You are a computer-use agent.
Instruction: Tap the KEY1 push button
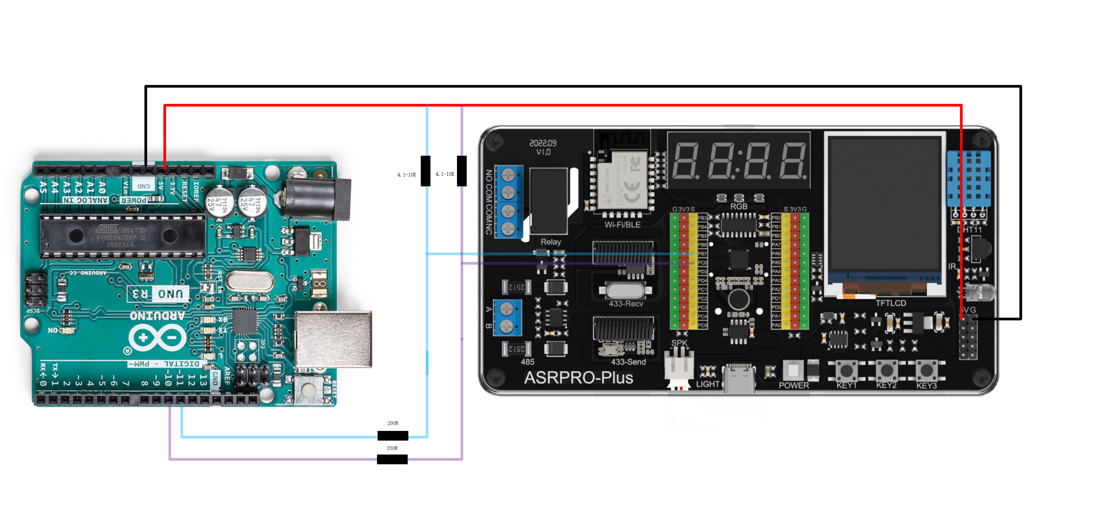point(847,369)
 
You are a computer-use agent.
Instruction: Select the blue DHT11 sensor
point(968,178)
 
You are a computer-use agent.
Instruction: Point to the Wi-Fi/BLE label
point(622,225)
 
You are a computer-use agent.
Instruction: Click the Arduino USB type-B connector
point(333,339)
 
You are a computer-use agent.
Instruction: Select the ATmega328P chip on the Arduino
point(122,236)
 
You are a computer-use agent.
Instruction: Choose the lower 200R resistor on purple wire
point(392,459)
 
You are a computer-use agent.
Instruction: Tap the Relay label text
point(551,242)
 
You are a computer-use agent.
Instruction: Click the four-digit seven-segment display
point(739,161)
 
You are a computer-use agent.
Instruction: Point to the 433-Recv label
point(626,303)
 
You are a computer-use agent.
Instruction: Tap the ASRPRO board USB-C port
point(739,377)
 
